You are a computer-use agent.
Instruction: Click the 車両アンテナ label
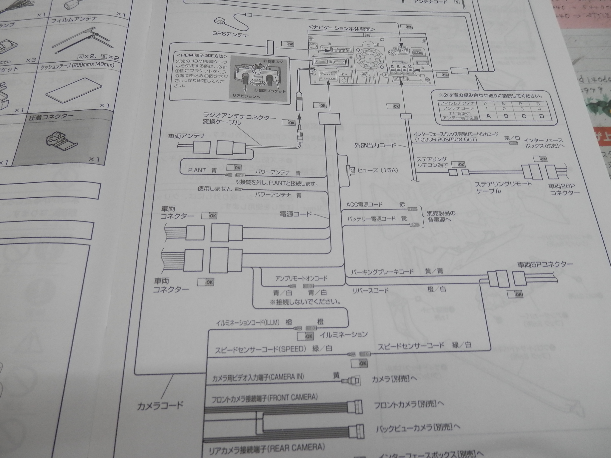tap(187, 136)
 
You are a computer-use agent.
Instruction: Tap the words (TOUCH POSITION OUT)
tap(445, 140)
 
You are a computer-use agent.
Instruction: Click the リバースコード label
tap(370, 290)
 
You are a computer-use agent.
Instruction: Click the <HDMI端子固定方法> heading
tap(202, 56)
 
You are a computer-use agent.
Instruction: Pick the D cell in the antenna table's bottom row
tap(541, 116)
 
